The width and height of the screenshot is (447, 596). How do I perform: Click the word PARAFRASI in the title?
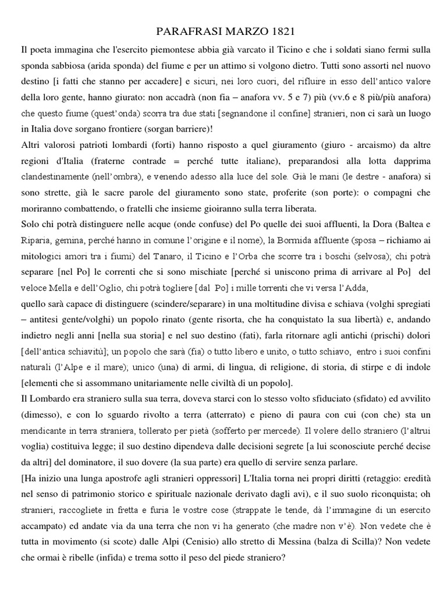point(178,30)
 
